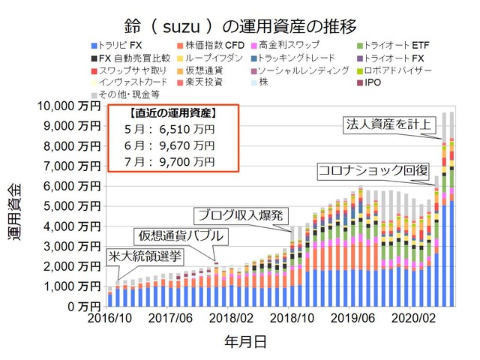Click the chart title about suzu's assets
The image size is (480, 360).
[x=239, y=22]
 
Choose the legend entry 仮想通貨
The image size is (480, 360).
[x=201, y=70]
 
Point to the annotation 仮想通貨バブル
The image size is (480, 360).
[x=179, y=236]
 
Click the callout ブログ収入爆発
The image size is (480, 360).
[x=239, y=216]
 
